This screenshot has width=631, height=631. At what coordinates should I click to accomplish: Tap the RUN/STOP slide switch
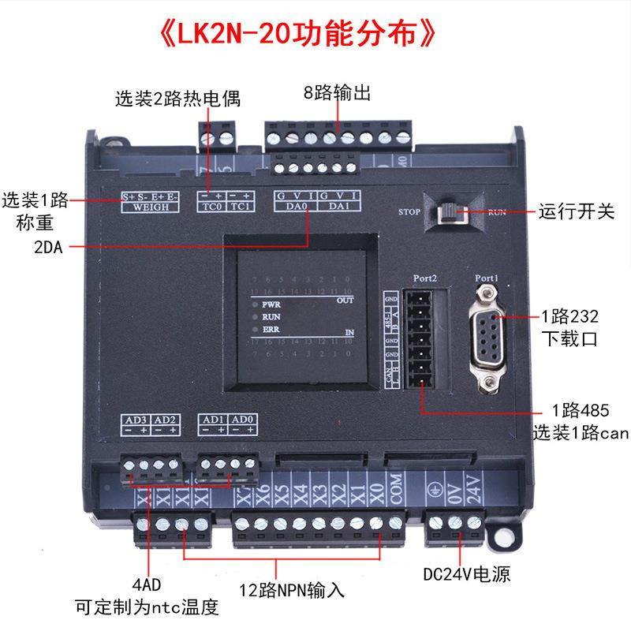tap(450, 212)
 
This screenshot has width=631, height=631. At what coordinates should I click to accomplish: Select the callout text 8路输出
tap(337, 92)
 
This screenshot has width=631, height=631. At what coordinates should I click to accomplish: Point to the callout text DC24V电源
tap(471, 574)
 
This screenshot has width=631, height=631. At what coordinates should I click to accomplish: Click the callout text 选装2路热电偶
tap(177, 99)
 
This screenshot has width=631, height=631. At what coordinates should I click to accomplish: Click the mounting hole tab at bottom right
tap(499, 535)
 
